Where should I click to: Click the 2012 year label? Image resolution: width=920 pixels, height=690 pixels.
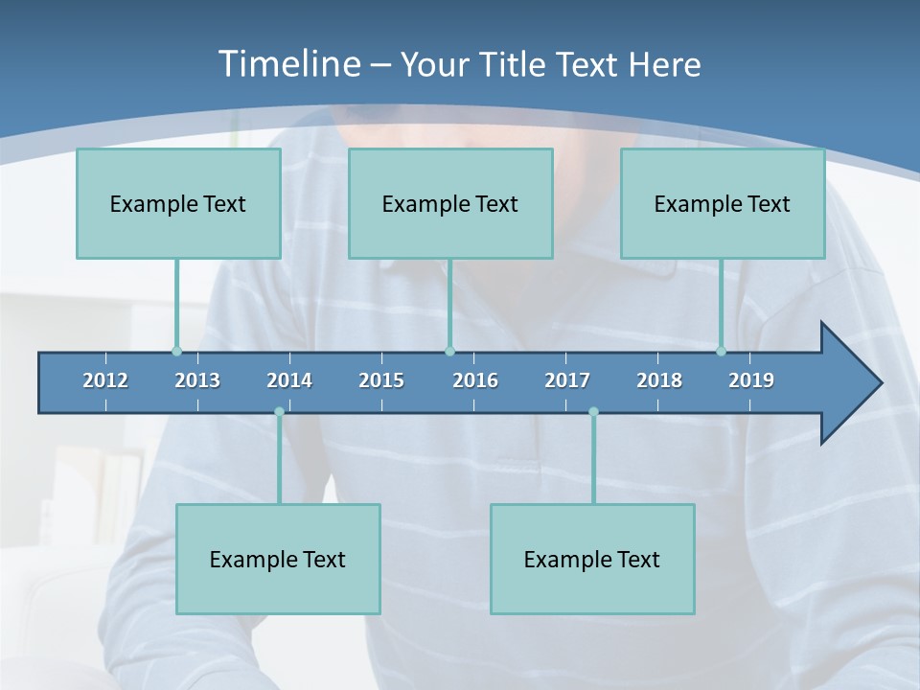[105, 380]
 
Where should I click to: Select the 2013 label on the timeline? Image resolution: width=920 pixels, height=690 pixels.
[197, 380]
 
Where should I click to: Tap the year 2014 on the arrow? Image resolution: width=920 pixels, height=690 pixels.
[289, 380]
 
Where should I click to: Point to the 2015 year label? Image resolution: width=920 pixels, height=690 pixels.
[381, 380]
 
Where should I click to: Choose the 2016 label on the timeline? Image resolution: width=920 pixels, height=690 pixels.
[475, 380]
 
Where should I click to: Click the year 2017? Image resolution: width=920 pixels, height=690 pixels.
[567, 380]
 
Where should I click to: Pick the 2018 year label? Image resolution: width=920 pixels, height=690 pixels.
[659, 380]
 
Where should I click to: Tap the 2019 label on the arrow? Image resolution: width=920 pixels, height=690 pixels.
[751, 380]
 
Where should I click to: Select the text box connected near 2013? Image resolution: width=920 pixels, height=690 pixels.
[178, 203]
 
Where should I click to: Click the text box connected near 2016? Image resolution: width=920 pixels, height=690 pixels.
[450, 203]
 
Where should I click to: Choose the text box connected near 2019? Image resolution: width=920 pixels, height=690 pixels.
[723, 203]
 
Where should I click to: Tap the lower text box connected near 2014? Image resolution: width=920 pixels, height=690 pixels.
[278, 559]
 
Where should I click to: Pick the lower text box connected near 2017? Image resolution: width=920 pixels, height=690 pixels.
[592, 559]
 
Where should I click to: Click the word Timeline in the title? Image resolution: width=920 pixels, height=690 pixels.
[287, 64]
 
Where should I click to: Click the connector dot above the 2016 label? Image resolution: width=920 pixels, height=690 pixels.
[449, 352]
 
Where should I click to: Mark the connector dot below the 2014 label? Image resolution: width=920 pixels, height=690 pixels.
[279, 412]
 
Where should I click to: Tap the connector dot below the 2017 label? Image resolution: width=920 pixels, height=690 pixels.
[593, 412]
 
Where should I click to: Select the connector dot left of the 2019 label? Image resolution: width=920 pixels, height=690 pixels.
[721, 352]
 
